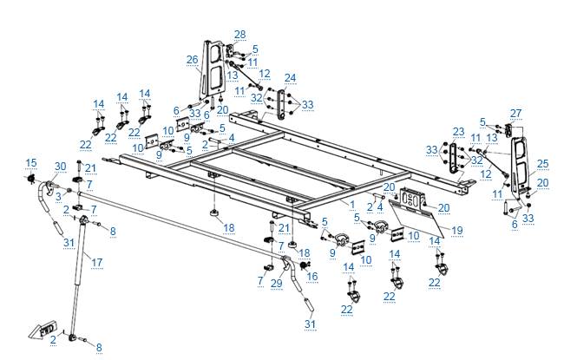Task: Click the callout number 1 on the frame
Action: point(352,204)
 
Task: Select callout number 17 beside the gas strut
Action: point(97,261)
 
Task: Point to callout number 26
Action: point(193,60)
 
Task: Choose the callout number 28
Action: point(239,34)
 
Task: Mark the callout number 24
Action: point(290,77)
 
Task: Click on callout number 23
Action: point(459,131)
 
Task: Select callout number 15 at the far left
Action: point(31,162)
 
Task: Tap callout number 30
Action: point(60,167)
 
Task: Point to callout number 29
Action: point(276,283)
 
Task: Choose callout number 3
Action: point(57,198)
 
